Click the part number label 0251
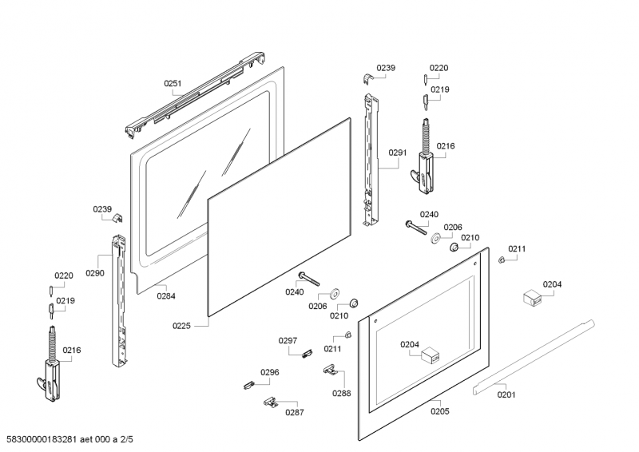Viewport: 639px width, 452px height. (x=173, y=83)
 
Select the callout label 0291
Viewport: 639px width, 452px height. (x=398, y=153)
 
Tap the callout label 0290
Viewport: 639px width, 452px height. (x=95, y=273)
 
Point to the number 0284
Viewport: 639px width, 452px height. (x=166, y=296)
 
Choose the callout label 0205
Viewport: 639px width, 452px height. (x=439, y=411)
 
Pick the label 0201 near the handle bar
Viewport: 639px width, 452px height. (x=506, y=394)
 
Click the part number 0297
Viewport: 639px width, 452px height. (x=288, y=341)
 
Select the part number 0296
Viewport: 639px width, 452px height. (x=270, y=372)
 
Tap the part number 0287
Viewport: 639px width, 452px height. (x=295, y=413)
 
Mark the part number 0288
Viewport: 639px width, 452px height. (x=342, y=393)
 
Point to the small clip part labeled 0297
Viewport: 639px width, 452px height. (x=306, y=355)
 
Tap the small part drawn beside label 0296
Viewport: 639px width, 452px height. (x=248, y=385)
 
